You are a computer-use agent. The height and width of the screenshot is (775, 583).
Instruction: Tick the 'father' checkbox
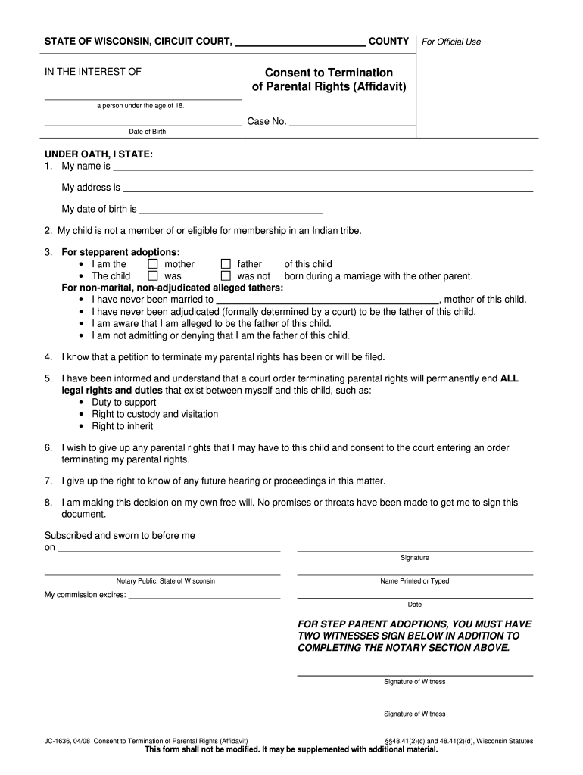226,264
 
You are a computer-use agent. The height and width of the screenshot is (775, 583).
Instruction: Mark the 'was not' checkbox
226,276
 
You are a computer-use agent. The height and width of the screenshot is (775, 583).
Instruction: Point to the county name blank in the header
301,45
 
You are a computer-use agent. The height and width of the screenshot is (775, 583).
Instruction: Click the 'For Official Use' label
451,42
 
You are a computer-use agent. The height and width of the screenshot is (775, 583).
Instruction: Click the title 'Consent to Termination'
329,73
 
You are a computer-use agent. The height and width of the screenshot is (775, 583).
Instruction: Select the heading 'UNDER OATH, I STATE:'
98,154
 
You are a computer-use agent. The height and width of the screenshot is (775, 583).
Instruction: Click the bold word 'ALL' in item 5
510,378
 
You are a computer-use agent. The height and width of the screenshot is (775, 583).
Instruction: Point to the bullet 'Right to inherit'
122,426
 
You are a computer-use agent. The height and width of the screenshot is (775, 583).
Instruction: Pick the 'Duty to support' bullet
123,402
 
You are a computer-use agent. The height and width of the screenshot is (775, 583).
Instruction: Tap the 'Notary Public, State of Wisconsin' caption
165,580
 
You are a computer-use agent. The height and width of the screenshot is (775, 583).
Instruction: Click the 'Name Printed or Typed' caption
414,581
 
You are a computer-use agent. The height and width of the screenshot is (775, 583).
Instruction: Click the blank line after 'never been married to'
327,300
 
